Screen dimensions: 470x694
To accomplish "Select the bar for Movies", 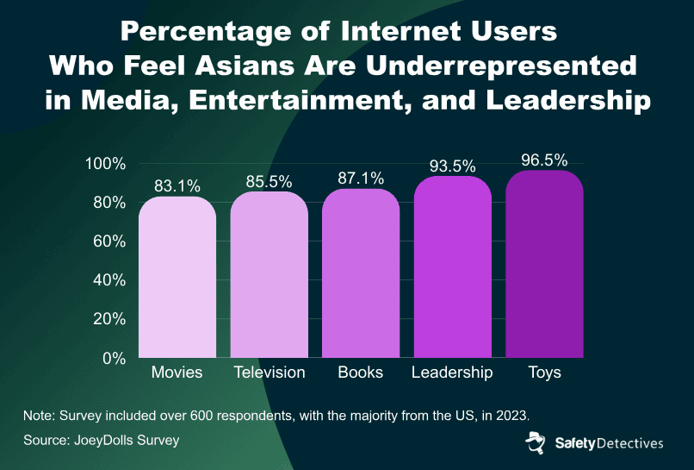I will click(177, 278).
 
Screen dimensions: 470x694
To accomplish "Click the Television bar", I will click(269, 276).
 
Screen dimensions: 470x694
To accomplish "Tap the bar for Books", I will click(361, 274).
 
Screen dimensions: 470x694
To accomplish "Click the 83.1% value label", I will click(177, 185).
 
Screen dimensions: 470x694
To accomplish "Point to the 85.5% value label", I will click(269, 180).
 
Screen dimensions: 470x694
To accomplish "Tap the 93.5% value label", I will click(452, 165).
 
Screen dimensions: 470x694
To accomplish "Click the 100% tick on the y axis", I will click(106, 164).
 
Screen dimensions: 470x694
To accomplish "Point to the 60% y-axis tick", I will click(109, 241).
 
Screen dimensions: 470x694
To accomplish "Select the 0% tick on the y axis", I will click(114, 358).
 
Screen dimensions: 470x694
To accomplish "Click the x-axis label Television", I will click(269, 373).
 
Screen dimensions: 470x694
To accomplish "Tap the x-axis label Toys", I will click(544, 373).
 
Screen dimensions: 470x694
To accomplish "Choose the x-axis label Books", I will click(361, 373).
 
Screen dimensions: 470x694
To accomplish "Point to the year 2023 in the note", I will click(521, 415).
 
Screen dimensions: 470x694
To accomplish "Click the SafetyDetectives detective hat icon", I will click(537, 443).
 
